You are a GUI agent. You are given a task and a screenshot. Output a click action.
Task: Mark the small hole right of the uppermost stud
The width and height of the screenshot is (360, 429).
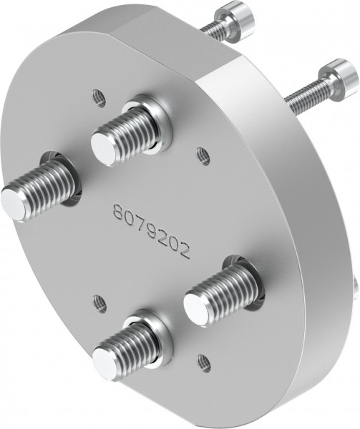tap(203, 153)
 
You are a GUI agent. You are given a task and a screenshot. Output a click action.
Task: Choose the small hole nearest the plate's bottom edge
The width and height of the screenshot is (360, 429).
tap(203, 360)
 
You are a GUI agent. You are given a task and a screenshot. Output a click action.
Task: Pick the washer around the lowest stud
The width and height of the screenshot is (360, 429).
tap(154, 336)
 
